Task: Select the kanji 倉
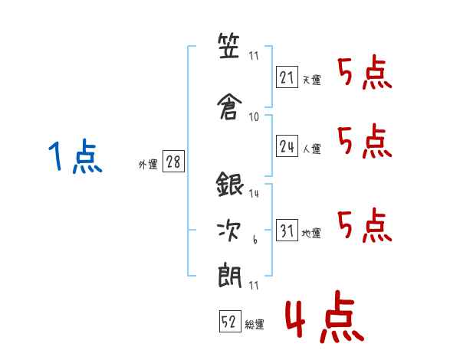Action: click(x=230, y=103)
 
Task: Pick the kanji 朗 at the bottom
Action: click(x=230, y=273)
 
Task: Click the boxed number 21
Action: click(x=287, y=77)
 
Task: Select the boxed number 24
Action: click(x=287, y=146)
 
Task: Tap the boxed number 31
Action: click(x=287, y=231)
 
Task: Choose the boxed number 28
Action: click(x=173, y=162)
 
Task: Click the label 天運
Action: click(x=311, y=80)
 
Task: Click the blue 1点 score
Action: click(x=74, y=158)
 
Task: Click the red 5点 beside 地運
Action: click(x=365, y=224)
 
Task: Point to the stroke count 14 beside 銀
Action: click(x=254, y=195)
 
